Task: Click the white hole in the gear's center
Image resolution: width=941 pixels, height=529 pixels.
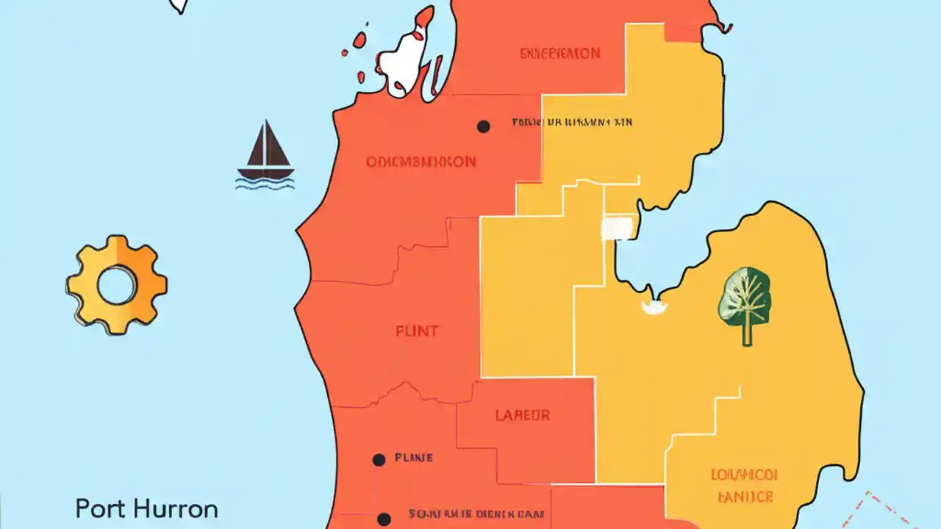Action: [x=117, y=286]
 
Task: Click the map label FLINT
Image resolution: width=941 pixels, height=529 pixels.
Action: [x=417, y=331]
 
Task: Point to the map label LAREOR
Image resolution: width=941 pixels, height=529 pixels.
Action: [x=522, y=415]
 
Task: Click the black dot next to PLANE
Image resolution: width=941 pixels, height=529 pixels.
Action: [x=379, y=460]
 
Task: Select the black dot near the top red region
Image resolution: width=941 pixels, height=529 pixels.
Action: [x=483, y=126]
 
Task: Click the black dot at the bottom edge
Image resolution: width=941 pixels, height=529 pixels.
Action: [x=383, y=519]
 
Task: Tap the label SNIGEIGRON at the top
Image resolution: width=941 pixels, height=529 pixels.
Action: [x=559, y=54]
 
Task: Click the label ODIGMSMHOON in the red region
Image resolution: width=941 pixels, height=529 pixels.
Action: [x=421, y=162]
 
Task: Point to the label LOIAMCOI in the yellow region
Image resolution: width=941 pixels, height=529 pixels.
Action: [x=744, y=474]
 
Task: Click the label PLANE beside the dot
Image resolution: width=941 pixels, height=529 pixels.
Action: [x=414, y=458]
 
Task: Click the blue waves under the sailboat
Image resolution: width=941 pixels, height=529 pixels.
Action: [x=265, y=180]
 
